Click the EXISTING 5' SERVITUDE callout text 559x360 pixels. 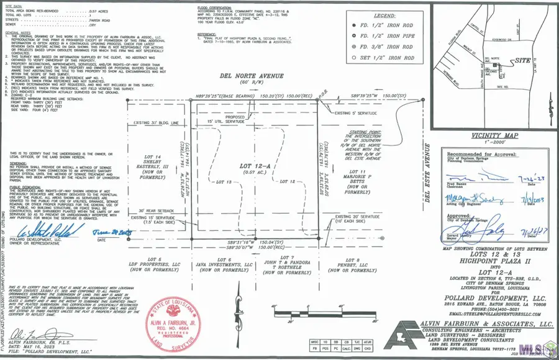pyautogui.click(x=363, y=114)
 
